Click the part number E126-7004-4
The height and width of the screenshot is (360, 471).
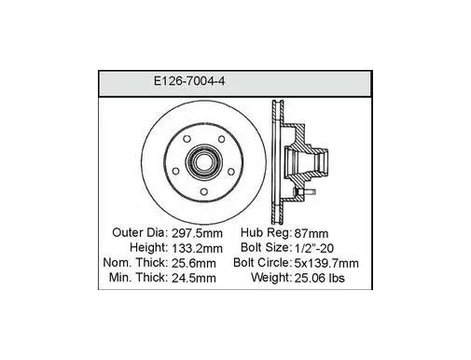[189, 81]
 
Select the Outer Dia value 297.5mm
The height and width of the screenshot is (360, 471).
[197, 233]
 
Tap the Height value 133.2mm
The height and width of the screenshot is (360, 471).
[197, 248]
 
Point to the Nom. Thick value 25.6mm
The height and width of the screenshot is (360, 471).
[194, 263]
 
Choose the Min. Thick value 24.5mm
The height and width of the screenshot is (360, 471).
[194, 278]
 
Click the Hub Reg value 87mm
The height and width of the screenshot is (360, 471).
[312, 233]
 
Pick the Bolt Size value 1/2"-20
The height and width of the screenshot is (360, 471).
[313, 248]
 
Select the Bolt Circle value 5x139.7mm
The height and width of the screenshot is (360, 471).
[326, 263]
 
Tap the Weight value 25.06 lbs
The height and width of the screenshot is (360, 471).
[319, 278]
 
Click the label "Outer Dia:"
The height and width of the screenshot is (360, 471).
[140, 232]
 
